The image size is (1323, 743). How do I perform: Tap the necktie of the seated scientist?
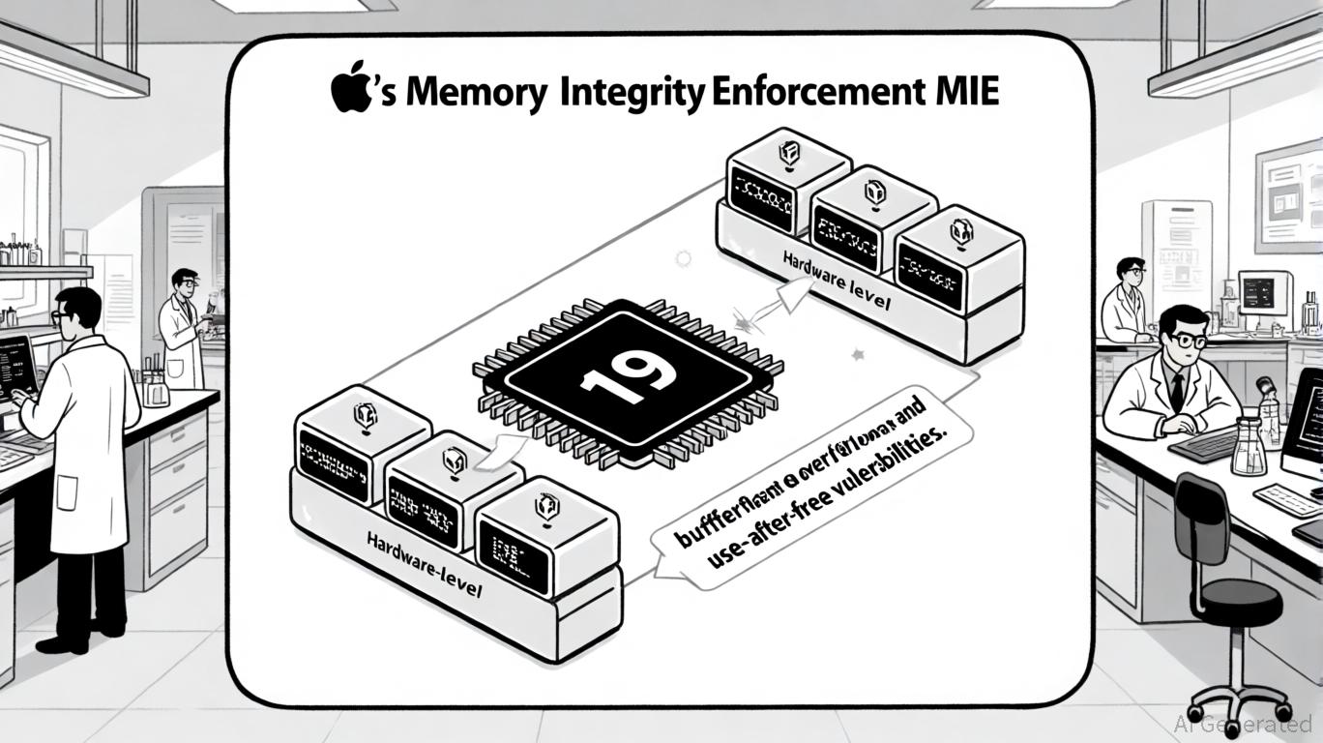point(1177,390)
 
